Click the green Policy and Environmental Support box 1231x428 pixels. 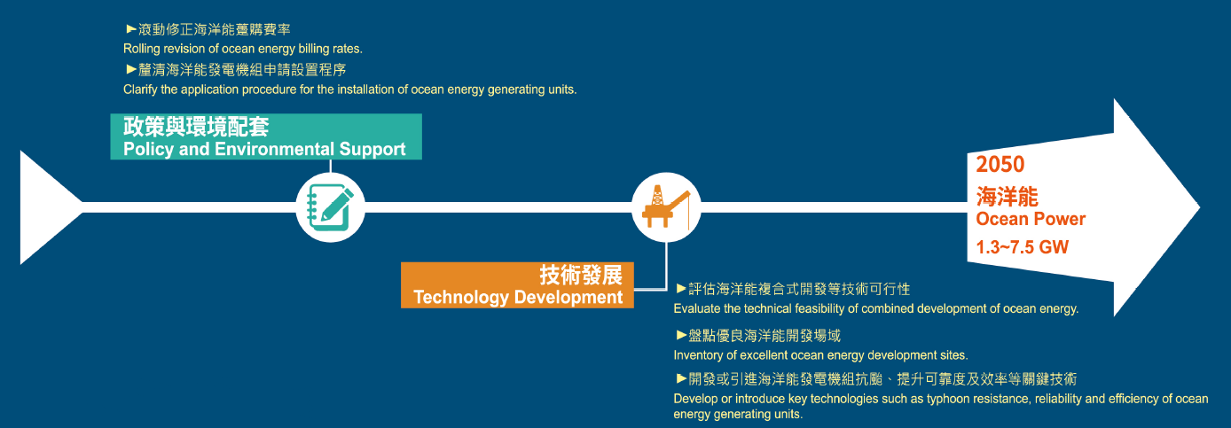pos(266,136)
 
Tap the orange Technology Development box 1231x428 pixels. pos(517,285)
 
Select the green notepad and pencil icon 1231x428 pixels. pos(330,207)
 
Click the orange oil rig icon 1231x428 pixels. pos(666,206)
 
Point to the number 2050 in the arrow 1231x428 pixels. pos(1000,164)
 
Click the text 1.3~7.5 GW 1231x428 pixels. pos(1023,246)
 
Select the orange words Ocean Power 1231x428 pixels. pos(1031,219)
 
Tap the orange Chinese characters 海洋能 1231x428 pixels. pos(1007,196)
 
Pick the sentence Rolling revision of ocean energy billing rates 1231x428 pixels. pos(243,49)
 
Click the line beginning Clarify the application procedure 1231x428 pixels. pos(350,89)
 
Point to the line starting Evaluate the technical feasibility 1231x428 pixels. pos(876,308)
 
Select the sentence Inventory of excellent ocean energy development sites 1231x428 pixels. pos(821,355)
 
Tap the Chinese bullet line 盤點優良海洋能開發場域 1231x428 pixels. pos(758,335)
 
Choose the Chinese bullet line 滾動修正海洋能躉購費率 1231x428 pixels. pos(208,29)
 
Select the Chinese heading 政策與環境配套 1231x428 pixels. pos(196,127)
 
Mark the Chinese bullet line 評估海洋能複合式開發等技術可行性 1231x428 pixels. pos(793,289)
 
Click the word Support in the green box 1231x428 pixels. pos(372,150)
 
